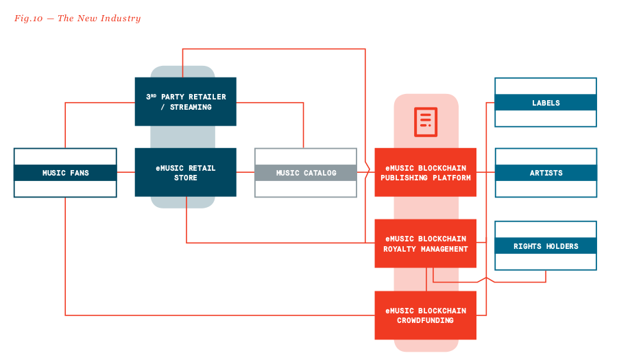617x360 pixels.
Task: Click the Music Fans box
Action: [x=65, y=173]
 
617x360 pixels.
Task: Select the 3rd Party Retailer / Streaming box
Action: [x=185, y=101]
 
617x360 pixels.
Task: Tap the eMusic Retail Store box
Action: [x=185, y=173]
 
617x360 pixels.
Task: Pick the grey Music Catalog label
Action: [x=306, y=173]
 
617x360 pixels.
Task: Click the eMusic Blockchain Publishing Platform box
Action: [x=426, y=173]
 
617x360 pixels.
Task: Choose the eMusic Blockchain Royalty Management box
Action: [x=426, y=244]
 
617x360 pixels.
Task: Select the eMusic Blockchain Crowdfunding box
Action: [x=426, y=315]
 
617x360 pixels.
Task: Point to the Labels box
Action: [x=546, y=103]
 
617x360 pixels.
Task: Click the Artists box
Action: [x=546, y=173]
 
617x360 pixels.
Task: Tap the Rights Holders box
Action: [x=546, y=246]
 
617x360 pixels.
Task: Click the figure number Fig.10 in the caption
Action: [x=28, y=19]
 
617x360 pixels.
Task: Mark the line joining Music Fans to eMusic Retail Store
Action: [x=125, y=173]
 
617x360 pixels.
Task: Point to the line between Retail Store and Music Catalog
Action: [x=245, y=173]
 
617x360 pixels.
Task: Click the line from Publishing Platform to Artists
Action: [x=485, y=173]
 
